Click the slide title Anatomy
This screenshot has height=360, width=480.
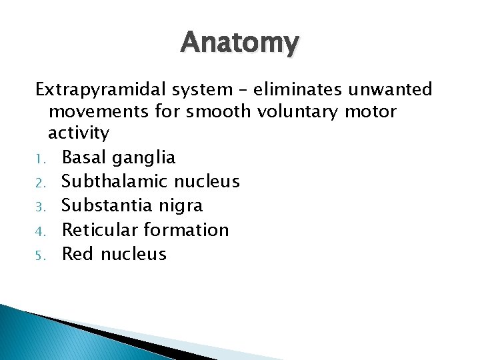pos(240,43)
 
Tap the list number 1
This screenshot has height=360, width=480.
pos(39,159)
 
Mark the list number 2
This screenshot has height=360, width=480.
pos(39,183)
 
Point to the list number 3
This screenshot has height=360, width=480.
pos(39,207)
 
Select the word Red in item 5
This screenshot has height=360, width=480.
pos(77,253)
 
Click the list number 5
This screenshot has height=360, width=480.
pos(39,255)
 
